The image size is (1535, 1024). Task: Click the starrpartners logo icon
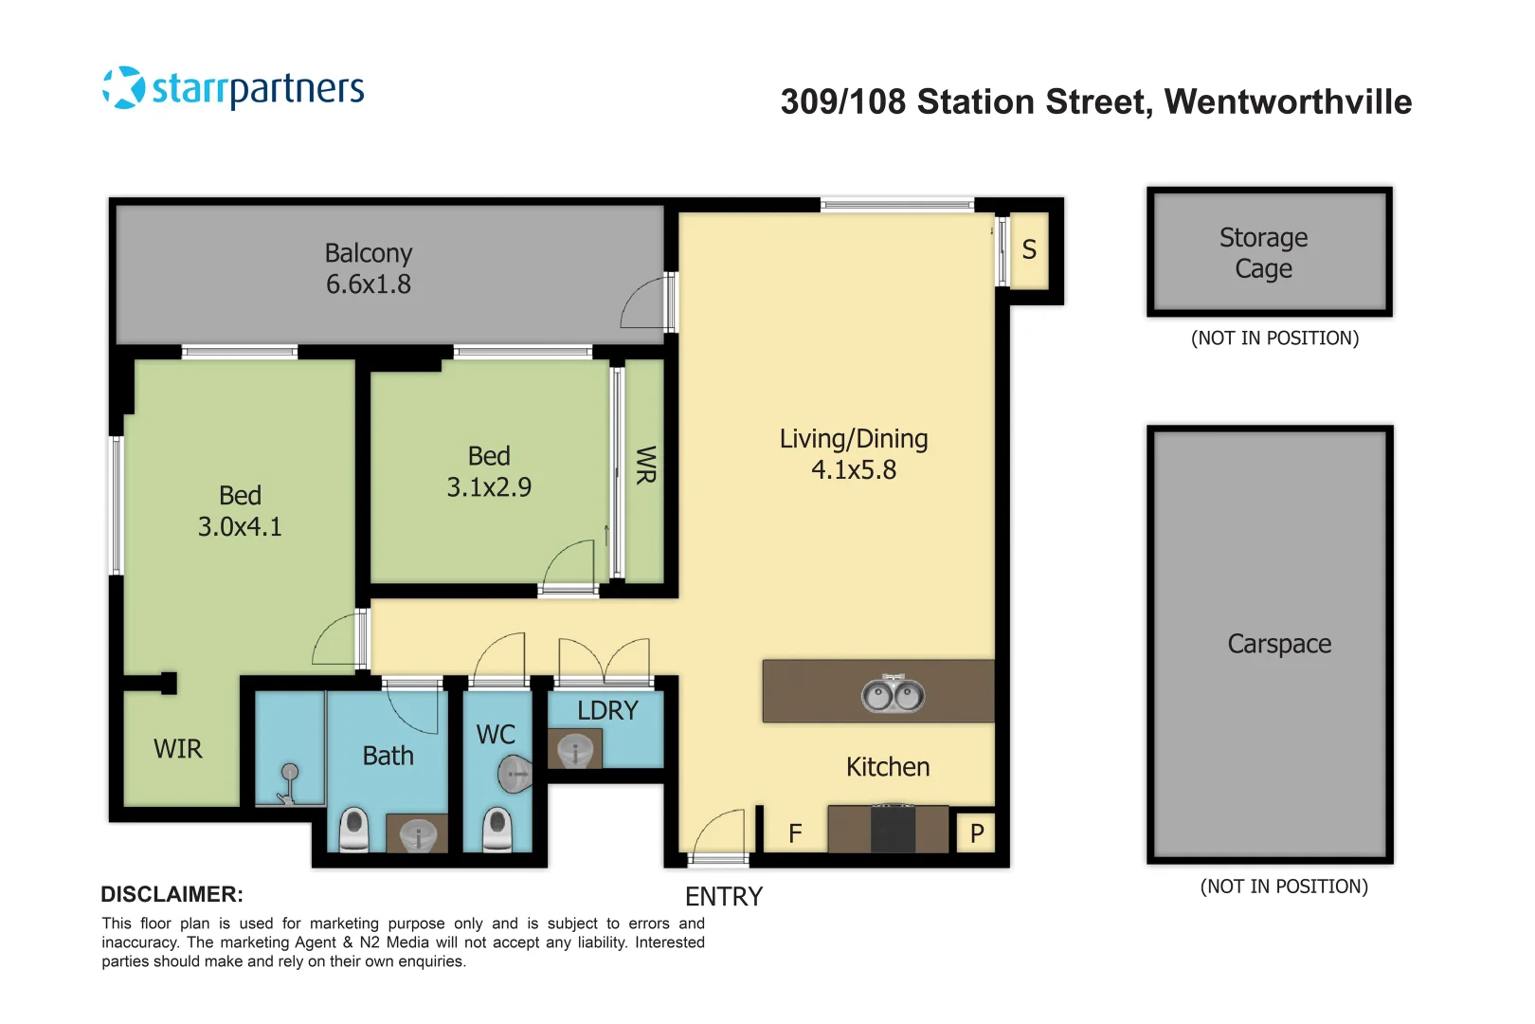[x=124, y=88]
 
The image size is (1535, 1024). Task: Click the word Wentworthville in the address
[x=1288, y=102]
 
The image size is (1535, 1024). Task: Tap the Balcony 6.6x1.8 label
[x=369, y=269]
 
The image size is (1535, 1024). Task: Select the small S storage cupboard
[x=1029, y=250]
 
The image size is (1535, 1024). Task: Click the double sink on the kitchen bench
[x=893, y=695]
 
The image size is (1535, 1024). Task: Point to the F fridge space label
[x=795, y=833]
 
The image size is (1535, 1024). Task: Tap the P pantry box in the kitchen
[x=977, y=833]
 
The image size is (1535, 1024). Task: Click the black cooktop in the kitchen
[x=893, y=829]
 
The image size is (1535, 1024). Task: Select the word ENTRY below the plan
[x=723, y=897]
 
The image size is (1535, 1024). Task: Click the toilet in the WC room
[x=497, y=830]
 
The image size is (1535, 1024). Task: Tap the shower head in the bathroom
[x=289, y=773]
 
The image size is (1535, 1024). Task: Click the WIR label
[x=178, y=749]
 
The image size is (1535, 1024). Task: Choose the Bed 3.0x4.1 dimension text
[x=240, y=527]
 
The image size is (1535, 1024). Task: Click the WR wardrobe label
[x=645, y=466]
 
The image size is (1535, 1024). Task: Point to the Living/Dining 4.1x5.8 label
[x=853, y=454]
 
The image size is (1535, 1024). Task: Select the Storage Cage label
[x=1263, y=253]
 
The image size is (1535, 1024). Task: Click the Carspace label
[x=1279, y=644]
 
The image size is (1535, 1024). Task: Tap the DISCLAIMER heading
[x=172, y=894]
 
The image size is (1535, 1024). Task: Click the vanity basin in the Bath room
[x=417, y=835]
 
